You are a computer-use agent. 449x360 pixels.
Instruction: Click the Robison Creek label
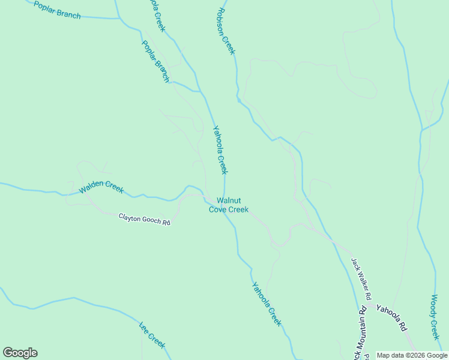[x=226, y=31]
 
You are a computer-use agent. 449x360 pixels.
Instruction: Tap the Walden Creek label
[x=101, y=187]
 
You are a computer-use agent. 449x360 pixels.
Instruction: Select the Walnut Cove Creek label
[x=228, y=205]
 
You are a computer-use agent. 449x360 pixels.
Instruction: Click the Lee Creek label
[x=152, y=334]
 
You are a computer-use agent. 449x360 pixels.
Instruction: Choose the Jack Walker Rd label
[x=361, y=279]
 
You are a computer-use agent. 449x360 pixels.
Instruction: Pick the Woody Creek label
[x=436, y=317]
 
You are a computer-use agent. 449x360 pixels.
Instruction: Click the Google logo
[x=20, y=353]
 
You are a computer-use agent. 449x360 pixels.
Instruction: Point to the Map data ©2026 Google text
[x=412, y=355]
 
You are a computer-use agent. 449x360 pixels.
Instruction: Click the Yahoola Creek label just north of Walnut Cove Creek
[x=220, y=149]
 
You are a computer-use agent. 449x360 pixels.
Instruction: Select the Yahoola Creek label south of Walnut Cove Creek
[x=267, y=304]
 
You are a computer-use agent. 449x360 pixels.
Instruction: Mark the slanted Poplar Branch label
[x=155, y=61]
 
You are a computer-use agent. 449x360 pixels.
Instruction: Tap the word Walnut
[x=228, y=200]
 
